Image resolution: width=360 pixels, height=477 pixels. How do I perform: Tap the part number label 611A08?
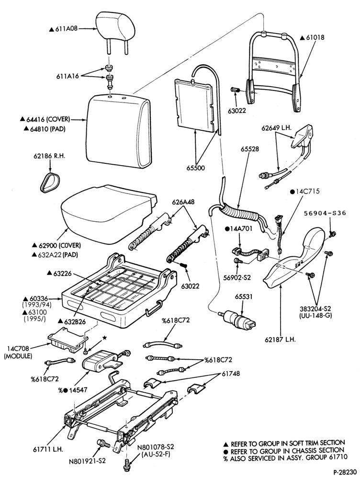[x=66, y=29]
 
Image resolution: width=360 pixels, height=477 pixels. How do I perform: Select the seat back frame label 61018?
[x=315, y=37]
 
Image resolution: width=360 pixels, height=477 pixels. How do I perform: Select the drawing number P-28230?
[x=345, y=472]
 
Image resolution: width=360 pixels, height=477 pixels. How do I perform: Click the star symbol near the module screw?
[x=104, y=338]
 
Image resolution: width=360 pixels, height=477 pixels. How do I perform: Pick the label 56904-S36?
[x=325, y=213]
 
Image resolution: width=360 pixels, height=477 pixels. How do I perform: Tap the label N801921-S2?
[x=87, y=461]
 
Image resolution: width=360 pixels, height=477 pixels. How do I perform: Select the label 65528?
[x=250, y=149]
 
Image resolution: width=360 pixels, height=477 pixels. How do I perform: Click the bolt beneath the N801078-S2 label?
[x=126, y=466]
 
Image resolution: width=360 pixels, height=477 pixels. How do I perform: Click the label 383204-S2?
[x=315, y=309]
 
